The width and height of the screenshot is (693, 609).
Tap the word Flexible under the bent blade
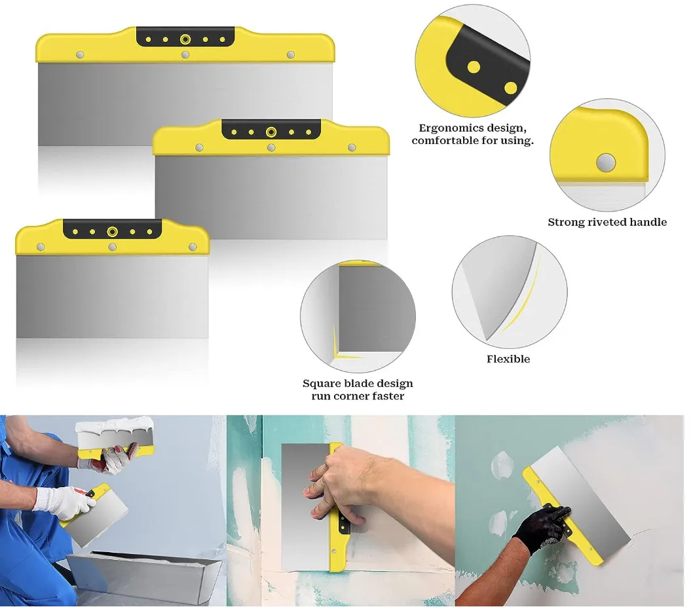pos(508,359)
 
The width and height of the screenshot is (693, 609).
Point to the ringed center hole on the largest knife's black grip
pos(185,39)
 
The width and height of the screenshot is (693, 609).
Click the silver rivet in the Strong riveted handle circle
pos(605,162)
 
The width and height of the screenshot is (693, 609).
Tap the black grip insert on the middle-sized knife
pos(271,130)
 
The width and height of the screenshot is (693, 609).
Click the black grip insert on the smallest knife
pos(112,229)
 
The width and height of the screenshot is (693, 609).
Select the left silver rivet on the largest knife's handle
pos(80,55)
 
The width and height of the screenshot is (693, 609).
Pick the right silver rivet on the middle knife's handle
pos(352,147)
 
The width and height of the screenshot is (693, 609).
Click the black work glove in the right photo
pos(540,528)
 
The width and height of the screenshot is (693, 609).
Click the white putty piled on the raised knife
pos(114,425)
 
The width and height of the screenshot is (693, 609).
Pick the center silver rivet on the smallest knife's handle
pos(112,247)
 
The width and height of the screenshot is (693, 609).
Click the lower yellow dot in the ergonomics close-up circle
pos(510,88)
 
